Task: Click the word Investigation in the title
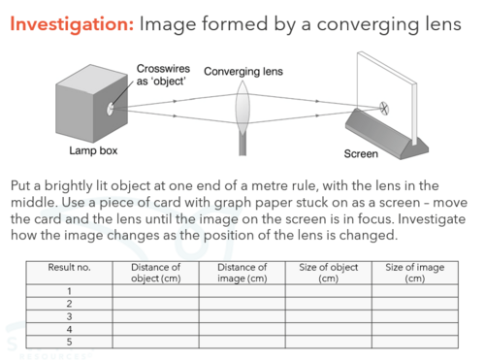(72, 24)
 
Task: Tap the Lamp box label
(93, 150)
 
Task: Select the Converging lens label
(243, 72)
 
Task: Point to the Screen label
(361, 153)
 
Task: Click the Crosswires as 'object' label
(163, 75)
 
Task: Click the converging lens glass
(242, 108)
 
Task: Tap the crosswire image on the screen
(384, 109)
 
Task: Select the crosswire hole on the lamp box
(111, 109)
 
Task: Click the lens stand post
(242, 145)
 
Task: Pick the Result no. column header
(69, 268)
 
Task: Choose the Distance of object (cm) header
(156, 273)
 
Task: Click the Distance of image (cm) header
(242, 273)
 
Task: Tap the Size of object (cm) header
(329, 273)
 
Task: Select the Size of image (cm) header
(415, 273)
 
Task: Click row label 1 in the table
(69, 291)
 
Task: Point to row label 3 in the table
(69, 316)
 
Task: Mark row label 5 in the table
(69, 342)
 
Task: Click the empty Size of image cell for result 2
(415, 304)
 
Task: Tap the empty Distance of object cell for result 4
(156, 329)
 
